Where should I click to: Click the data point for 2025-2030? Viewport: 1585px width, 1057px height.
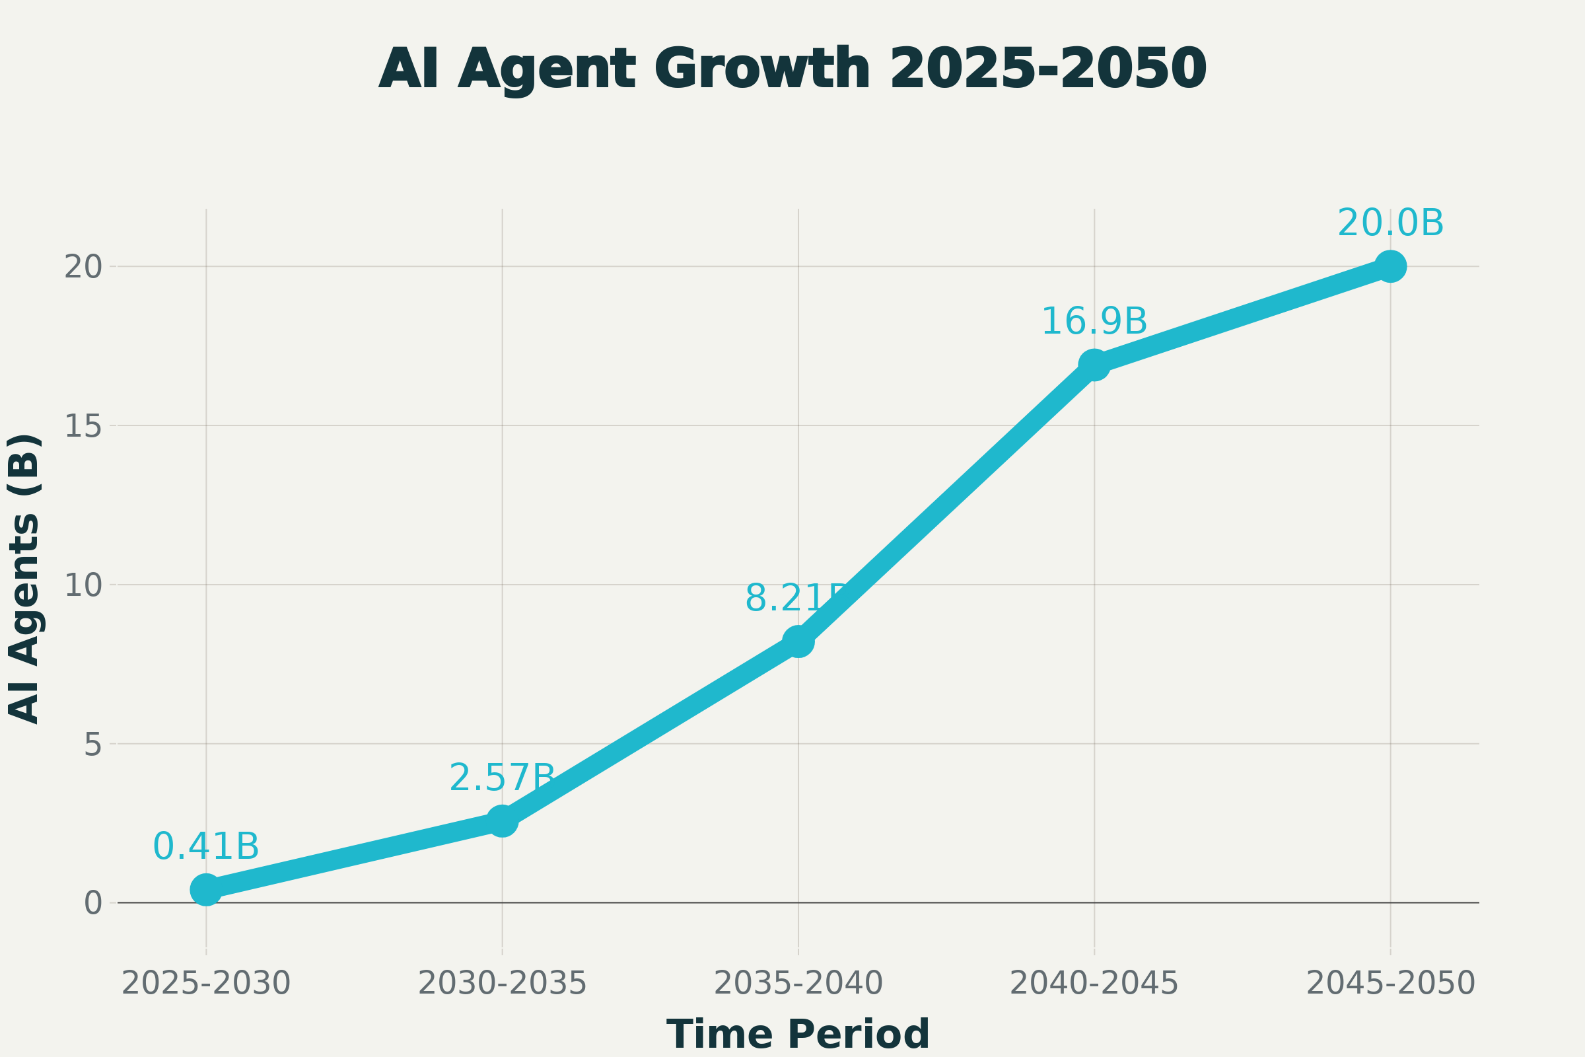[206, 890]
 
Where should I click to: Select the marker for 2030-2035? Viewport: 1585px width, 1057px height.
[502, 820]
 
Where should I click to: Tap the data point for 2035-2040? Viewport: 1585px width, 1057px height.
[798, 640]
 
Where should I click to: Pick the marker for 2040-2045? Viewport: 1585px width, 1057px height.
[1094, 365]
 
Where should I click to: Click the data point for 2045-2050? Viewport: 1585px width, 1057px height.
[1390, 266]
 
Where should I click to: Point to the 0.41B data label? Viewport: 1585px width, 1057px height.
[206, 848]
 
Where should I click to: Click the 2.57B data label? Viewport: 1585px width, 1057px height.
[502, 779]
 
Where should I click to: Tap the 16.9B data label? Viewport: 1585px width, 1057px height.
[1094, 322]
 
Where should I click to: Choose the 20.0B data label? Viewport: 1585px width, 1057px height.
[1390, 224]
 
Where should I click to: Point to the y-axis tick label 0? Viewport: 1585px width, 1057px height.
[92, 904]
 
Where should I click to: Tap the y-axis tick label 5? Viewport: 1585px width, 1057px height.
[92, 746]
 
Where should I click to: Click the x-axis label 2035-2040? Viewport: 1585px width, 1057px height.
[798, 984]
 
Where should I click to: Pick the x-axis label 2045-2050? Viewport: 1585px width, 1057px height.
[1390, 984]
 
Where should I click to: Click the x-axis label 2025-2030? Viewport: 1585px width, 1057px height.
[206, 984]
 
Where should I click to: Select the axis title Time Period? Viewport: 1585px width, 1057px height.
[798, 1034]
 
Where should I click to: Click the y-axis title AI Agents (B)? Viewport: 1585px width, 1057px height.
[24, 580]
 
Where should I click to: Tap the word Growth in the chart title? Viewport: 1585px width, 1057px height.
[762, 69]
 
